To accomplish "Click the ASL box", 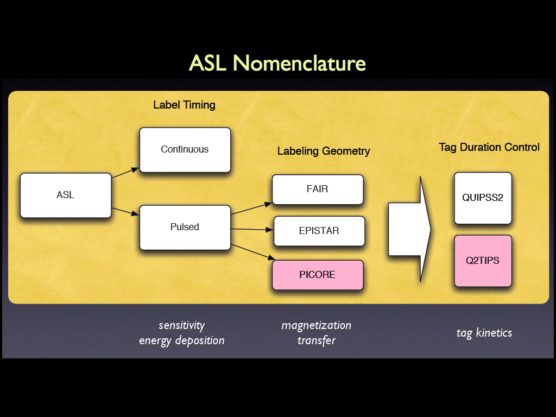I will click(x=65, y=195).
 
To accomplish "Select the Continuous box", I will click(x=185, y=150).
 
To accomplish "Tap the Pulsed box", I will click(x=185, y=227).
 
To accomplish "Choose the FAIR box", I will click(x=317, y=189).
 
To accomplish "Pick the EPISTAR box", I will click(x=318, y=231).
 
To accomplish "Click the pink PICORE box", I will click(x=317, y=275).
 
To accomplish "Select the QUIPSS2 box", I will click(x=483, y=198).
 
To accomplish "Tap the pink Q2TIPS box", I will click(x=483, y=261).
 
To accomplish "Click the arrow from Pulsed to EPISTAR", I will click(x=252, y=229).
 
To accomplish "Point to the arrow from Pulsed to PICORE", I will click(x=251, y=251).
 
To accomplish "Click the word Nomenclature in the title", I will click(x=299, y=64).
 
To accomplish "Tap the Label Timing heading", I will click(x=184, y=105).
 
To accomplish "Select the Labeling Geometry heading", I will click(x=324, y=151).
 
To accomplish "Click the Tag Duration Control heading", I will click(x=489, y=147).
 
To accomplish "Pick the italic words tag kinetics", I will click(x=484, y=333).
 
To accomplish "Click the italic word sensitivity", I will click(x=181, y=325).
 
